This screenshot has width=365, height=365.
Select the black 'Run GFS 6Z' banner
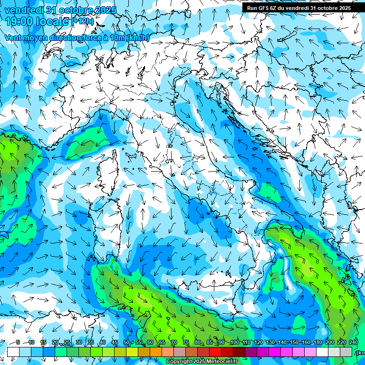click(298, 8)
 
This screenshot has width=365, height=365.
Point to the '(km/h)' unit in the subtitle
click(138, 38)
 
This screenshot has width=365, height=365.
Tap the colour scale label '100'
click(234, 343)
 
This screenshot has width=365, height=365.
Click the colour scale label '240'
click(353, 343)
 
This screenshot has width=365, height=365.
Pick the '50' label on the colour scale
click(126, 343)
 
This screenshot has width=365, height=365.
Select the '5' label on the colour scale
click(18, 343)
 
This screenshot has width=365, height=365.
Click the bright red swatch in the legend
click(215, 352)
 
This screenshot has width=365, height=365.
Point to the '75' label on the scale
click(186, 343)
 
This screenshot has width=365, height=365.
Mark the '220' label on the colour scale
click(341, 343)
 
